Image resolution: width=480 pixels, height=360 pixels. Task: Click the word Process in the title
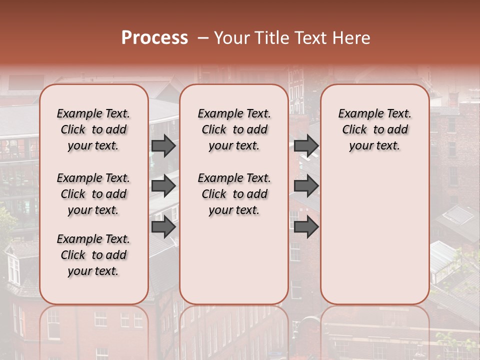click(x=154, y=37)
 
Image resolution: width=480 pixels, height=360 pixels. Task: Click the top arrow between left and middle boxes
click(x=163, y=145)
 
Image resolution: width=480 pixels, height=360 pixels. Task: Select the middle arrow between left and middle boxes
click(x=163, y=186)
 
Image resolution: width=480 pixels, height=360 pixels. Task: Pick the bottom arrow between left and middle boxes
click(x=163, y=227)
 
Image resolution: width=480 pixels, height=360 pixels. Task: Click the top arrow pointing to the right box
click(x=306, y=145)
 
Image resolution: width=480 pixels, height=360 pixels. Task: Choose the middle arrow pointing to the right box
click(x=306, y=186)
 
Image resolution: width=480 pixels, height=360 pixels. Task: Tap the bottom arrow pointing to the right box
click(x=306, y=227)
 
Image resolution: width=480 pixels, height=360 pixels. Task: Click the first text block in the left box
click(x=93, y=129)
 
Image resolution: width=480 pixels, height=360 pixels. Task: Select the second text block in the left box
click(x=93, y=194)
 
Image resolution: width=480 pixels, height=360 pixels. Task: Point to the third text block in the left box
click(x=93, y=255)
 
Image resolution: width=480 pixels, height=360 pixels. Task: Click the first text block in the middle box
click(x=234, y=129)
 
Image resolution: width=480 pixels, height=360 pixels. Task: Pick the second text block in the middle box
click(x=234, y=194)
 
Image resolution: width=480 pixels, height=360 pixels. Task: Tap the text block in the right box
click(x=374, y=129)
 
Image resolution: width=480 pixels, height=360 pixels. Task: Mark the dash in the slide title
click(x=203, y=37)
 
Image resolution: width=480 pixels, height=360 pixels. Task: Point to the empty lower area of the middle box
click(x=234, y=260)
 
